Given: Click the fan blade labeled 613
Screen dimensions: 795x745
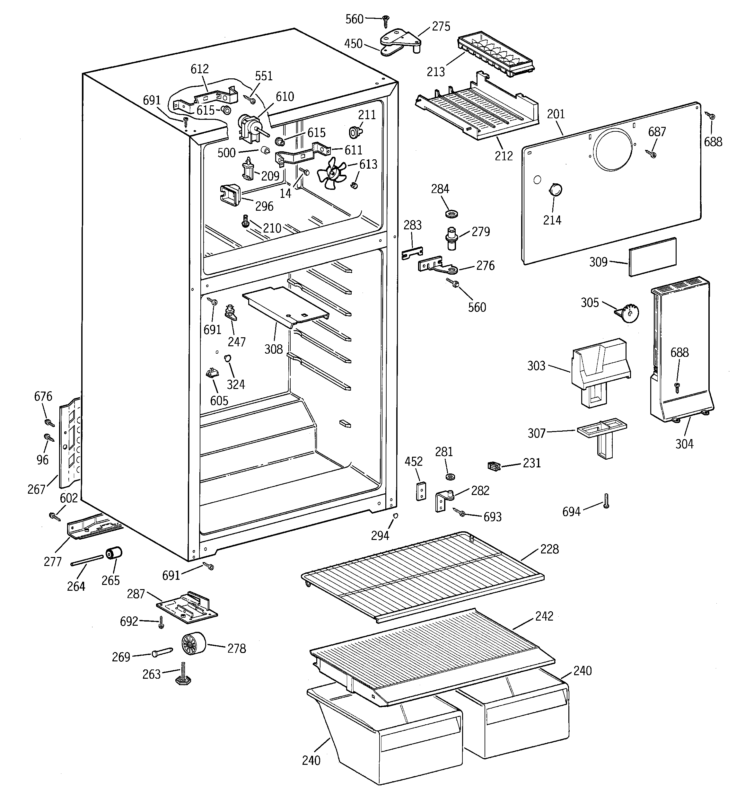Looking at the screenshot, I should (x=331, y=173).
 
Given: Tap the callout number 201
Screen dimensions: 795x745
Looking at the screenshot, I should (x=556, y=114).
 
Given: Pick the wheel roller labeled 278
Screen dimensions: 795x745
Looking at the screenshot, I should (x=193, y=645).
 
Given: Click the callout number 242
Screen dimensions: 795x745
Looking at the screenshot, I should (x=544, y=616).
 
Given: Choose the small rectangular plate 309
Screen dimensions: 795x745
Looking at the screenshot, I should (x=652, y=257).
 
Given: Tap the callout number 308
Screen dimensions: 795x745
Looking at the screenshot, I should (x=274, y=349).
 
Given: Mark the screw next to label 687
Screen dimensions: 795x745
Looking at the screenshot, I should (x=652, y=154).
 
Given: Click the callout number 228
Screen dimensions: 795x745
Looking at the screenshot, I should (x=549, y=549).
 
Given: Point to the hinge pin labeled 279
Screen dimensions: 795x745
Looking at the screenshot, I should (x=452, y=239).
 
